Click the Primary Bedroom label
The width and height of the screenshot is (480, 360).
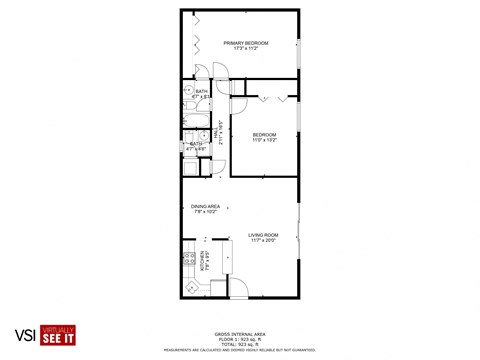pyautogui.click(x=240, y=43)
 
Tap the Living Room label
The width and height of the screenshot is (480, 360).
pyautogui.click(x=264, y=235)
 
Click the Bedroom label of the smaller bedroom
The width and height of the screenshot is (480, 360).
pyautogui.click(x=264, y=135)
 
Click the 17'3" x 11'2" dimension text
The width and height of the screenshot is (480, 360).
pyautogui.click(x=240, y=49)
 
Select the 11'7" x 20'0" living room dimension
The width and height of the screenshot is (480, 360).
pyautogui.click(x=264, y=241)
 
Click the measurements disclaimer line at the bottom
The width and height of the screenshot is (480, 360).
pyautogui.click(x=240, y=349)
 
